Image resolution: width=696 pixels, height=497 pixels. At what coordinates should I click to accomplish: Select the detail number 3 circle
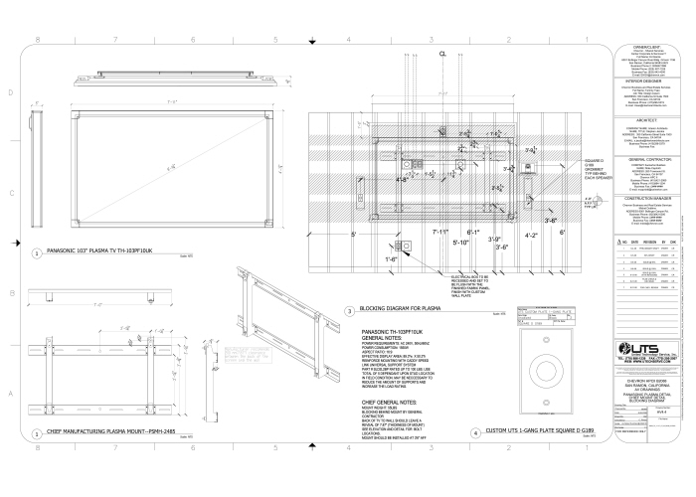coord(349,311)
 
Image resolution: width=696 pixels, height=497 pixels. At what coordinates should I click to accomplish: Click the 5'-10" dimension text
coord(459,242)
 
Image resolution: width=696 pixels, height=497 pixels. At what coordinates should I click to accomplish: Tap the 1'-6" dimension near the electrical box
coord(392,258)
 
